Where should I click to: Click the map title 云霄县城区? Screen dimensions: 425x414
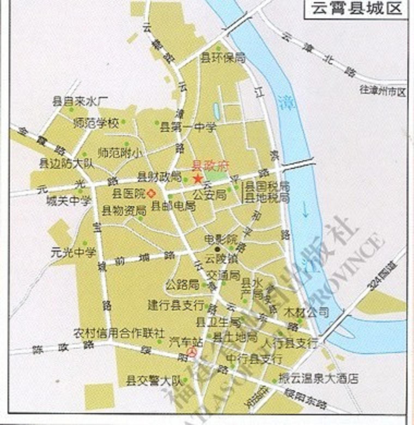click(x=357, y=9)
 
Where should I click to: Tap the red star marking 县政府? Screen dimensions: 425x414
click(x=198, y=179)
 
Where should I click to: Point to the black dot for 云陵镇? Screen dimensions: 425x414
click(x=217, y=249)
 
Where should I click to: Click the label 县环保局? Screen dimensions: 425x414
click(x=223, y=58)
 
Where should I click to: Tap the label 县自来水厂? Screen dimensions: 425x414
click(x=80, y=101)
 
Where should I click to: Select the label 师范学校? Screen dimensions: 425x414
click(x=96, y=123)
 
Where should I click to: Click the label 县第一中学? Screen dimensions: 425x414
click(x=188, y=127)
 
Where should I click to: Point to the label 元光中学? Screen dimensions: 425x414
click(x=74, y=253)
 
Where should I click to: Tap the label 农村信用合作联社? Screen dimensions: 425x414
click(x=119, y=333)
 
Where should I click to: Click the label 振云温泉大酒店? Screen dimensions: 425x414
click(x=318, y=378)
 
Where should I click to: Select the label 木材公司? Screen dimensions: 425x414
click(x=306, y=312)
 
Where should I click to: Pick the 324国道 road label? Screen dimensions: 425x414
click(x=382, y=277)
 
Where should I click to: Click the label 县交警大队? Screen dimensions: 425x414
click(x=154, y=381)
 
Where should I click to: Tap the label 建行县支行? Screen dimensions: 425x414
click(x=176, y=305)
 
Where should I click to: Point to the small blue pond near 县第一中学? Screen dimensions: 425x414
click(x=217, y=111)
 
